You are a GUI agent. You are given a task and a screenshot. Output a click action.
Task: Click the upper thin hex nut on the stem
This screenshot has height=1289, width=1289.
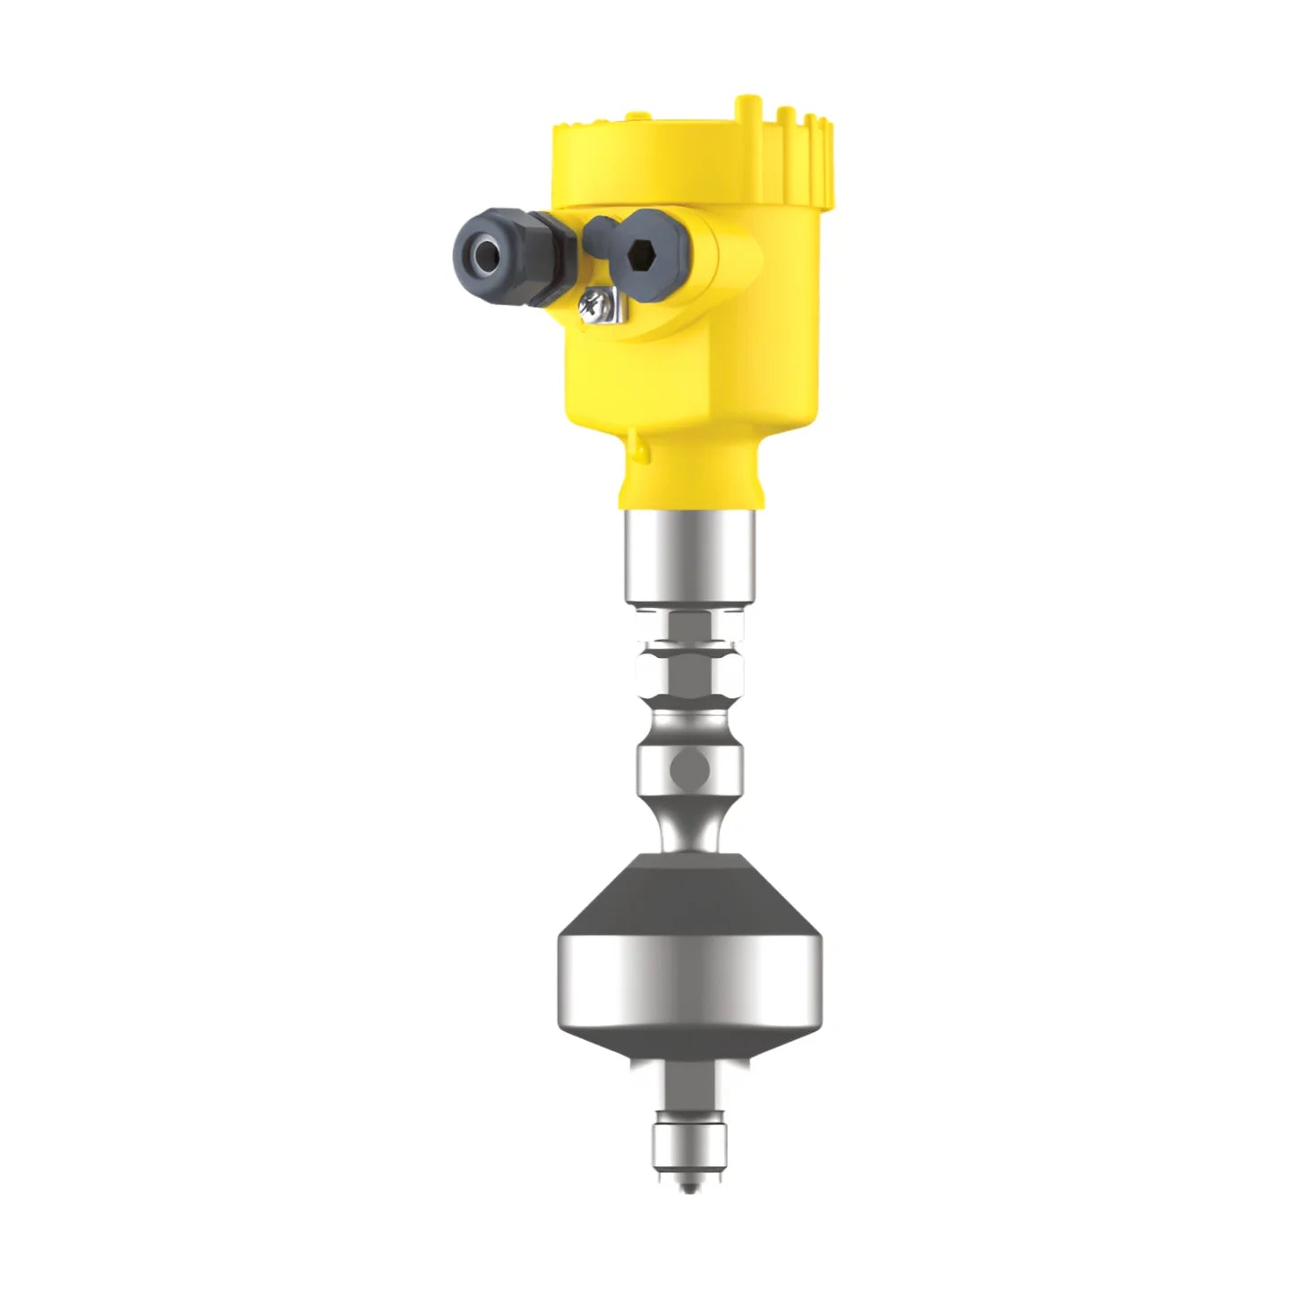coord(687,626)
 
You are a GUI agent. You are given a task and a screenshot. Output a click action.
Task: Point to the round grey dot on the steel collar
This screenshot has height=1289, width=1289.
coord(689,766)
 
